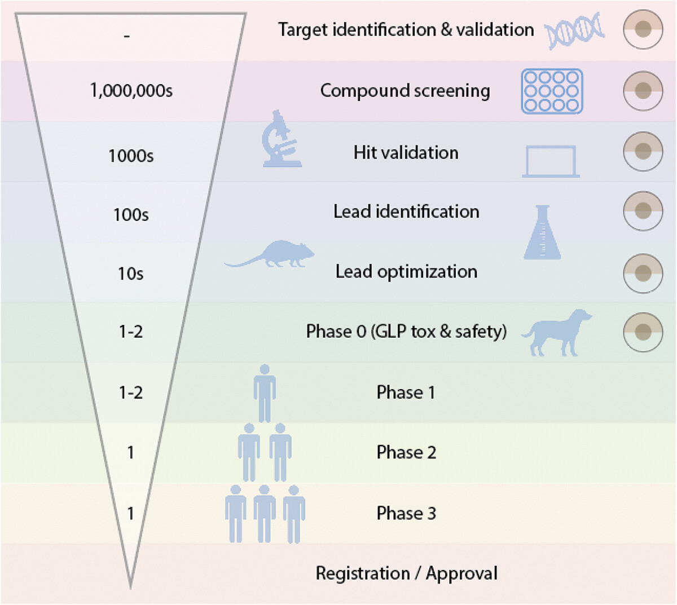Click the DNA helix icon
tap(574, 30)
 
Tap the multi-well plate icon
tap(552, 91)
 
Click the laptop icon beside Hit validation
tap(551, 162)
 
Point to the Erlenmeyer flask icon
tap(543, 232)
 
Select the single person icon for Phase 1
tap(265, 393)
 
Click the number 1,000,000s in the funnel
tap(131, 90)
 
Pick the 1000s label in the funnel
tap(131, 156)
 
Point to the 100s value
tap(131, 215)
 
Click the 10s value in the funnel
tap(131, 274)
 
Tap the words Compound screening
tap(405, 91)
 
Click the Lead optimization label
tap(406, 272)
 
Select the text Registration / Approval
tap(406, 573)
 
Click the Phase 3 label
tap(406, 513)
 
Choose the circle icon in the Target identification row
tap(643, 29)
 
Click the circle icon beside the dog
tap(643, 332)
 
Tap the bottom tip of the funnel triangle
tap(131, 585)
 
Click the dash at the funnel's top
tap(127, 37)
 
